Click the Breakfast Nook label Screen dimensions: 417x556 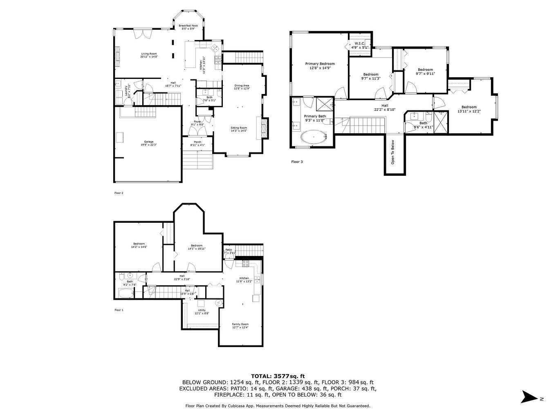(189, 27)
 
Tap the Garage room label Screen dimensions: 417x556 (148, 143)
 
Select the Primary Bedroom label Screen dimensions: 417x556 (320, 66)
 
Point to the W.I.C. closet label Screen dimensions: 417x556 (360, 45)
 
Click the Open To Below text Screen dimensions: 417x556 (393, 152)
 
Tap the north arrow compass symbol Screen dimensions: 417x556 (529, 397)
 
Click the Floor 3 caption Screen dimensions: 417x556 (297, 162)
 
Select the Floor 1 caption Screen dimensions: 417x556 (119, 310)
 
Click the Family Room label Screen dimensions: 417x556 (240, 325)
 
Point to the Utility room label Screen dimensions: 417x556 (202, 312)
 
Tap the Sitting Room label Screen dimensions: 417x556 (239, 129)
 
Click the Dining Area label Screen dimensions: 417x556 (242, 87)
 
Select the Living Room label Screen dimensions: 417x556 (149, 55)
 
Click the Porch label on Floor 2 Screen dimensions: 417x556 (197, 143)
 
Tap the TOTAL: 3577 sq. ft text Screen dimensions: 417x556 (278, 376)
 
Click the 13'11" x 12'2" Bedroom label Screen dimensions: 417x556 (469, 109)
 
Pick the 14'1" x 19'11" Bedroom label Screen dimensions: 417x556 (196, 247)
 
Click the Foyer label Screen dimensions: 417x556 (197, 123)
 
